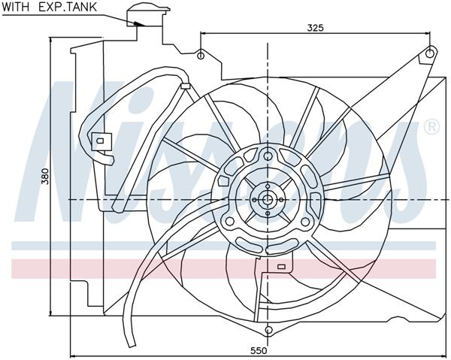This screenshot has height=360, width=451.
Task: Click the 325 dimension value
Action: (x=316, y=27)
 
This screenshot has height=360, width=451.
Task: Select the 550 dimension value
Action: (x=258, y=350)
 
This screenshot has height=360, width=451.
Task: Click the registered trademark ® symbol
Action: (x=431, y=127)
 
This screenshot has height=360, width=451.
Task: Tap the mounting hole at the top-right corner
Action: (x=429, y=53)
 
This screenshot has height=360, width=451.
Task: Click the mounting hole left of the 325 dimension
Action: (x=201, y=55)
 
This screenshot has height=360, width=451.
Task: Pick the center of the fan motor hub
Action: (x=267, y=199)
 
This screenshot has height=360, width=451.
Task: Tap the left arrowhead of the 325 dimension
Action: (x=204, y=33)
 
